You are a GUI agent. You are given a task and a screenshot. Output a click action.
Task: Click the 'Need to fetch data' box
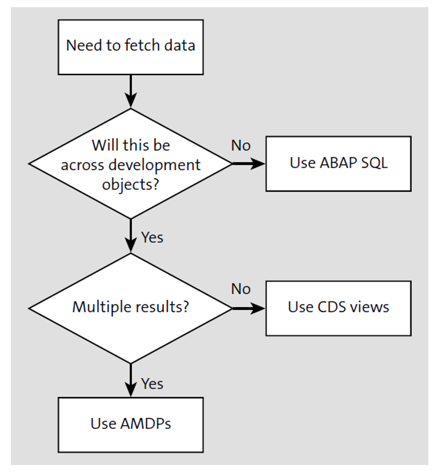[x=130, y=46]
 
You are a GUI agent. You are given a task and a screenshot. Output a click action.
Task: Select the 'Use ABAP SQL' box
[x=338, y=163]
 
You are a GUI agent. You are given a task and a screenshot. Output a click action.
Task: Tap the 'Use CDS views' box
[x=338, y=307]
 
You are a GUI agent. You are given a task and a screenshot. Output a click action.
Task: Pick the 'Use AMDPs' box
[x=130, y=424]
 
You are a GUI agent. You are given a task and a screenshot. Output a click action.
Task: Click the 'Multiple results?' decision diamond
[x=130, y=307]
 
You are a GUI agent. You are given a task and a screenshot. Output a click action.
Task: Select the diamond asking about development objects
[x=130, y=163]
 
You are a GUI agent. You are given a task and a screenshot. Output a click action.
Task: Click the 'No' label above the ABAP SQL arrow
[x=241, y=146]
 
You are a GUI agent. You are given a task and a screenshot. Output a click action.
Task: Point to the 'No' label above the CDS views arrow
[x=241, y=289]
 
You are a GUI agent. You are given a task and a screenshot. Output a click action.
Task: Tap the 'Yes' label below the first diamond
[x=152, y=237]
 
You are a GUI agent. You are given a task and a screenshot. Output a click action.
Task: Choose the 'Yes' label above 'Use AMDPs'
[x=152, y=384]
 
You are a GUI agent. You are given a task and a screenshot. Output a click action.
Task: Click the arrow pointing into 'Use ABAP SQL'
[x=248, y=163]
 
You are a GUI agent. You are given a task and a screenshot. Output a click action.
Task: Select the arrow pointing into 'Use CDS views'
[x=248, y=307]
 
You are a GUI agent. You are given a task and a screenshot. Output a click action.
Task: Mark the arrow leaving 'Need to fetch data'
[x=131, y=91]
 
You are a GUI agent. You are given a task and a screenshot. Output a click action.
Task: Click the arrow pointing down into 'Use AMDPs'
[x=131, y=380]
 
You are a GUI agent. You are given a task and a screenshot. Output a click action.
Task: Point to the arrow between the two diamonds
[x=131, y=236]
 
